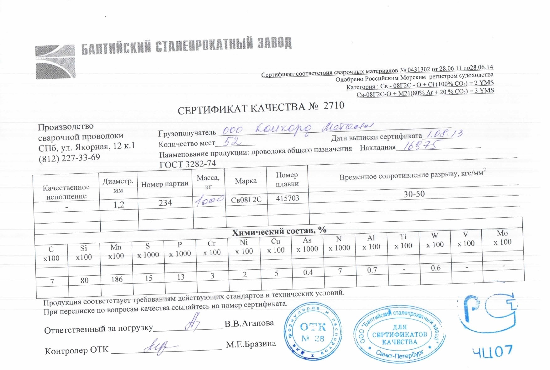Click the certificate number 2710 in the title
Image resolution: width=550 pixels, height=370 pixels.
[334, 106]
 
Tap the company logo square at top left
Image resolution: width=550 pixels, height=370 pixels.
[55, 62]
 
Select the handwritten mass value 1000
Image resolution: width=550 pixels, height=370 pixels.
[209, 200]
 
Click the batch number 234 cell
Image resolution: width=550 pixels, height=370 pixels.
[165, 203]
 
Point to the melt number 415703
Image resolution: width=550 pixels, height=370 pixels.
[288, 198]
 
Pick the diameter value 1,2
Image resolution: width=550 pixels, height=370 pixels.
[119, 205]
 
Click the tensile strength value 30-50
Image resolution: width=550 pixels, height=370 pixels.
[414, 194]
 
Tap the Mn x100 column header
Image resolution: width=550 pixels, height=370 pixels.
[116, 251]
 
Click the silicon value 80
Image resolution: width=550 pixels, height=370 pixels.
[84, 280]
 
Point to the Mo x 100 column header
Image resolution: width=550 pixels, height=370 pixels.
[502, 238]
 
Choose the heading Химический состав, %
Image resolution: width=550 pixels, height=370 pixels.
[279, 231]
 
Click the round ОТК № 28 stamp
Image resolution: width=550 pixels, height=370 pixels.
[313, 332]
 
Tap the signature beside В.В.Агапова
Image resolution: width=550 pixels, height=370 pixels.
[192, 322]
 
